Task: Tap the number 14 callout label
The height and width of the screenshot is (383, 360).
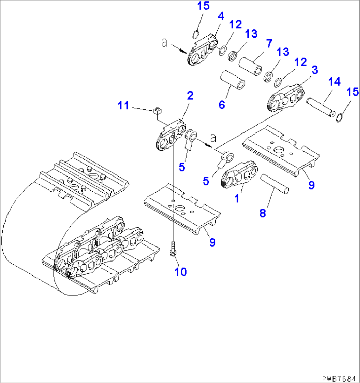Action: (x=334, y=82)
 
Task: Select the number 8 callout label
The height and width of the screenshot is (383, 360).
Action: (x=263, y=213)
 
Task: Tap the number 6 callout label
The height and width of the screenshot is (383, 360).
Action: (x=222, y=105)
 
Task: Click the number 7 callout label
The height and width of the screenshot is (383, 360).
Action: (x=269, y=43)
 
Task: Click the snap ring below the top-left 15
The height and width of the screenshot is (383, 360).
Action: (x=196, y=33)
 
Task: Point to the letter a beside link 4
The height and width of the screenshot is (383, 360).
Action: (x=164, y=43)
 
